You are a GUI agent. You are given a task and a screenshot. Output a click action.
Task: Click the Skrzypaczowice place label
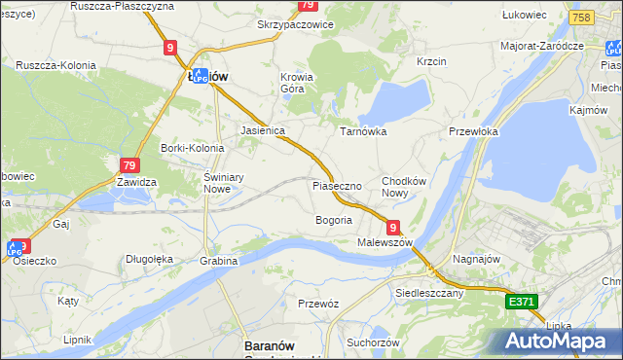295,23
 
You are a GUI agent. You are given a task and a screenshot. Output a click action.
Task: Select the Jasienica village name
262,129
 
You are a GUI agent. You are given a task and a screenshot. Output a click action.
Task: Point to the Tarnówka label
363,130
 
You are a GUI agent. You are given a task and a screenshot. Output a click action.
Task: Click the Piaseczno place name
337,185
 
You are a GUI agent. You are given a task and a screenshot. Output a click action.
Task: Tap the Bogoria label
333,220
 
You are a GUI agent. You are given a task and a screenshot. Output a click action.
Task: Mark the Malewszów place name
385,241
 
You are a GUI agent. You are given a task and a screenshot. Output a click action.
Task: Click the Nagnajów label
477,259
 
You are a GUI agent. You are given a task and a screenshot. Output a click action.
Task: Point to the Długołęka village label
149,259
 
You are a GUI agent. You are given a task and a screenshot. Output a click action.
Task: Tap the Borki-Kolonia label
192,148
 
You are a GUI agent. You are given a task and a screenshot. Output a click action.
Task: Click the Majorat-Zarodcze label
541,46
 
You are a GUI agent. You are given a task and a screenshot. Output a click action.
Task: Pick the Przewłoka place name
474,131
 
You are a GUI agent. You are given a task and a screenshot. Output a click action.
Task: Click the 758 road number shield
582,18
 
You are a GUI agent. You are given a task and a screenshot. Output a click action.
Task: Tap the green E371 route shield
522,303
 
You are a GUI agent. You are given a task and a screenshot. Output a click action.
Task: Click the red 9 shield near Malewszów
392,226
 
